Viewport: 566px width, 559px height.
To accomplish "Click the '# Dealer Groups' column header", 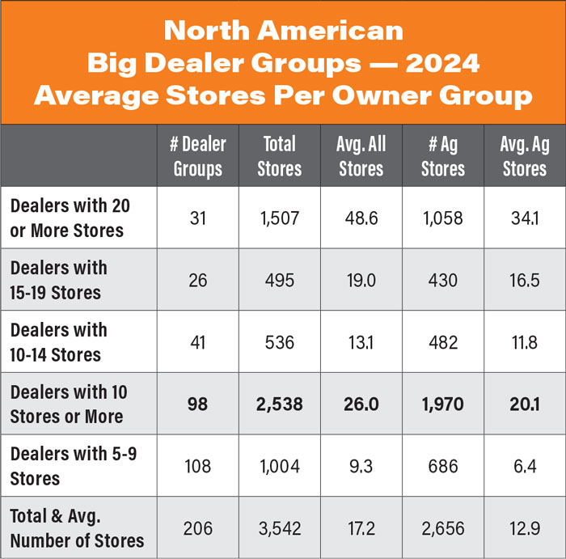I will pos(197,156).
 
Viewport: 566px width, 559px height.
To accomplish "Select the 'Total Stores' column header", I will pos(280,156).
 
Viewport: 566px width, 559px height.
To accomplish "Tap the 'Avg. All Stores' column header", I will pos(361,156).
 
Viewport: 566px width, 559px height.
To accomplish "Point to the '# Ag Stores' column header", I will pos(443,156).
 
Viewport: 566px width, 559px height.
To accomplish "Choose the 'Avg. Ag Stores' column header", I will pos(524,156).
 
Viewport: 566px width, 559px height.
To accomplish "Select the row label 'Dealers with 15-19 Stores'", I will pos(58,280).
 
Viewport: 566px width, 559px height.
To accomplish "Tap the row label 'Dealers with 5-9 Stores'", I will pos(73,466).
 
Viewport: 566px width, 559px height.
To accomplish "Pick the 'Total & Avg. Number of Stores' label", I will pos(77,527).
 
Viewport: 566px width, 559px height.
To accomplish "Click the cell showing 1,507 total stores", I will pos(280,218).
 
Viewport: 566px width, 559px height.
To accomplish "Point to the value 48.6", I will pos(361,218).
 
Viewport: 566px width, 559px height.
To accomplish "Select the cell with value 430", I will pos(443,281).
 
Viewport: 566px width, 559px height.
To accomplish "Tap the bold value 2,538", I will pos(280,404).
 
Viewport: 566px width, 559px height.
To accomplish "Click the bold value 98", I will pos(197,404).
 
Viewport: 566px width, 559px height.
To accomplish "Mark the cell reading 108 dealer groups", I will pos(197,467).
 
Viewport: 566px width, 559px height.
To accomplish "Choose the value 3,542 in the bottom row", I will pos(280,529).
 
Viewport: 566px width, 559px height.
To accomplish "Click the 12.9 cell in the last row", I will pos(524,529).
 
